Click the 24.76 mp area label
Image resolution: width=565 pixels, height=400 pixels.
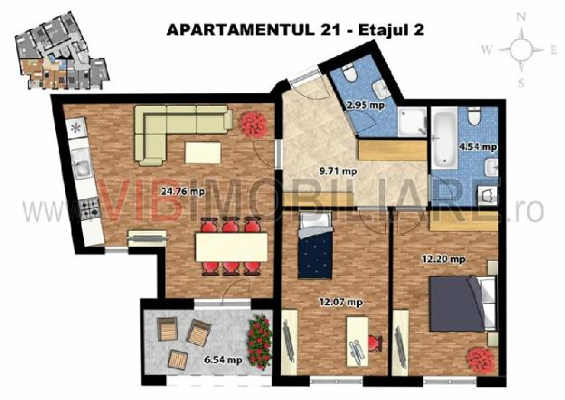point(183,192)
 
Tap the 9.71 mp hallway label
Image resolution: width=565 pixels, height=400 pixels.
point(338,171)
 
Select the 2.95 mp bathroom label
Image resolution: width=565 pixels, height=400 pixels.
point(365,105)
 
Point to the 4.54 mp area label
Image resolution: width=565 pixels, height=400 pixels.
point(478,147)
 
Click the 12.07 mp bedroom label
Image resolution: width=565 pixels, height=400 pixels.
point(341,302)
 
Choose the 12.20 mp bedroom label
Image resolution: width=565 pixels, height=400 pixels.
point(444,259)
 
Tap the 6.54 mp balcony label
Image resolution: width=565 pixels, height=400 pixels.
point(223,359)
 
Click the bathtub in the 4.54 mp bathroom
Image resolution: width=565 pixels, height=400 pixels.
point(445,139)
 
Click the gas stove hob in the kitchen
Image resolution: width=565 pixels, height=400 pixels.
point(89,208)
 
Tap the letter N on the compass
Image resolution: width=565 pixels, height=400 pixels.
point(521,17)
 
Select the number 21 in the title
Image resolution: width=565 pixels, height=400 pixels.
point(329,30)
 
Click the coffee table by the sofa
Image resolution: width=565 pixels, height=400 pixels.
point(202,153)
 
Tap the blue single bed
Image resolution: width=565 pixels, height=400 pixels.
point(315,245)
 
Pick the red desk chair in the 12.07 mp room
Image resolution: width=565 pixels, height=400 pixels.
point(375,342)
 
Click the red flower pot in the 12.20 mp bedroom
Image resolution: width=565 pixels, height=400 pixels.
point(480,358)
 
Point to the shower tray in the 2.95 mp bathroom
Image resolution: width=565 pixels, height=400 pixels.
point(412,121)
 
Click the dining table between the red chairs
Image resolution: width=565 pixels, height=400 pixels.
point(231,247)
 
